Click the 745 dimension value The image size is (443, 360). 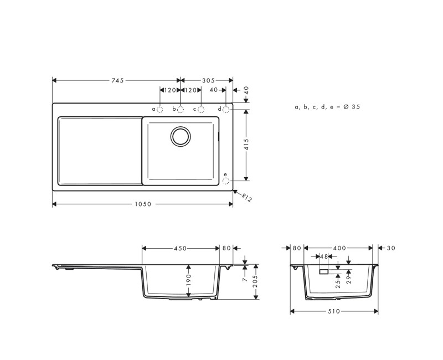[117, 80]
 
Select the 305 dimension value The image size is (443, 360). [208, 80]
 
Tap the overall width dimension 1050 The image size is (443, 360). [142, 204]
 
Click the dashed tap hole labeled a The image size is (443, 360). [160, 110]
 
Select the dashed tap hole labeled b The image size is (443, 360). [181, 110]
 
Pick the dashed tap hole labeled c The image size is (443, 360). [202, 110]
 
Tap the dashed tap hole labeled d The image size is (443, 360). [226, 110]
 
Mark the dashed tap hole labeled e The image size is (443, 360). [226, 181]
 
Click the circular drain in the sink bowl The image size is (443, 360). [180, 136]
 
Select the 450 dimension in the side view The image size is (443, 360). [181, 248]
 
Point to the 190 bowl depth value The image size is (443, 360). [188, 279]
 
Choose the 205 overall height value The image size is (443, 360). [255, 281]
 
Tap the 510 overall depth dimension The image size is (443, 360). [334, 311]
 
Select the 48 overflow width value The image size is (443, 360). [324, 256]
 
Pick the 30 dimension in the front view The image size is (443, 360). [391, 248]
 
